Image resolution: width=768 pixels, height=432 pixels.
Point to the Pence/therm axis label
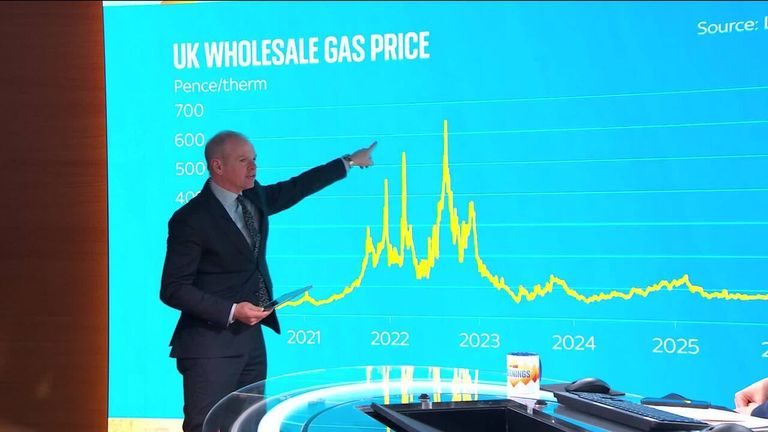click(x=220, y=85)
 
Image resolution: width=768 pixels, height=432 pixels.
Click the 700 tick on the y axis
click(x=188, y=110)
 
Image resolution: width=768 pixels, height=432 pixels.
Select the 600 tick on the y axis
click(x=188, y=140)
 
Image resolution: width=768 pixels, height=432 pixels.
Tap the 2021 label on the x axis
click(x=304, y=338)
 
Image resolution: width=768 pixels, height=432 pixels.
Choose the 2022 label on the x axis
click(x=390, y=339)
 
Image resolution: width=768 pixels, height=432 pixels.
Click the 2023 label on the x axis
click(x=480, y=340)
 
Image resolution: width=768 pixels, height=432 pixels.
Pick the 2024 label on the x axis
click(x=573, y=342)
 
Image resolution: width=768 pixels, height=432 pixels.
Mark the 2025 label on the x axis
click(x=675, y=345)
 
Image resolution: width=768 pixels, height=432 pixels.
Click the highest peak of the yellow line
click(x=445, y=123)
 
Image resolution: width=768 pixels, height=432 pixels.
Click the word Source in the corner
click(x=724, y=27)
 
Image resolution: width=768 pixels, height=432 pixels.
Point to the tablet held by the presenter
click(x=289, y=297)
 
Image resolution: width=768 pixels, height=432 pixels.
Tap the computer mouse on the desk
click(x=588, y=385)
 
